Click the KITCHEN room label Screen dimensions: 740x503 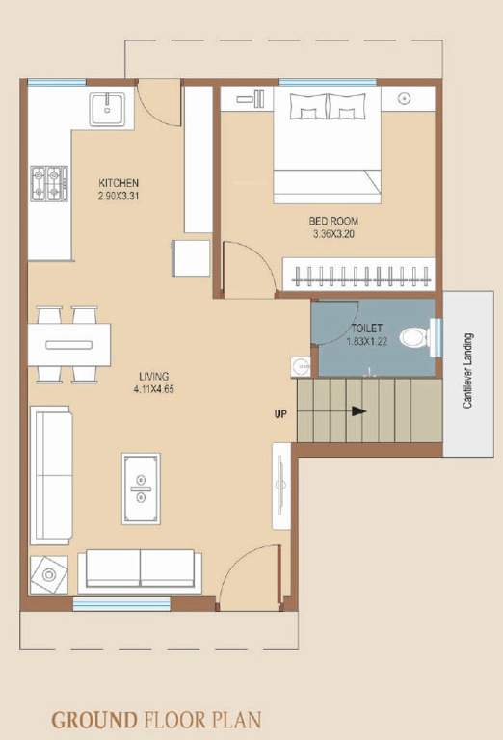pyautogui.click(x=119, y=183)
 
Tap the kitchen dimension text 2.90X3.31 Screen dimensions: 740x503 pyautogui.click(x=119, y=196)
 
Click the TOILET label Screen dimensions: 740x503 pyautogui.click(x=366, y=329)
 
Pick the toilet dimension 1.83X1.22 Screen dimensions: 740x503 pyautogui.click(x=366, y=341)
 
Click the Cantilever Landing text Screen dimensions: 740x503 pyautogui.click(x=468, y=371)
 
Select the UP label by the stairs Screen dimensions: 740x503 pyautogui.click(x=279, y=415)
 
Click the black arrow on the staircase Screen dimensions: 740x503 pyautogui.click(x=358, y=411)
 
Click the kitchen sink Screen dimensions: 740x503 pyautogui.click(x=107, y=108)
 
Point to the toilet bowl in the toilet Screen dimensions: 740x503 pyautogui.click(x=414, y=338)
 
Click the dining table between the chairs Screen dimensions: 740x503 pyautogui.click(x=68, y=344)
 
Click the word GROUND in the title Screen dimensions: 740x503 pyautogui.click(x=94, y=719)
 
